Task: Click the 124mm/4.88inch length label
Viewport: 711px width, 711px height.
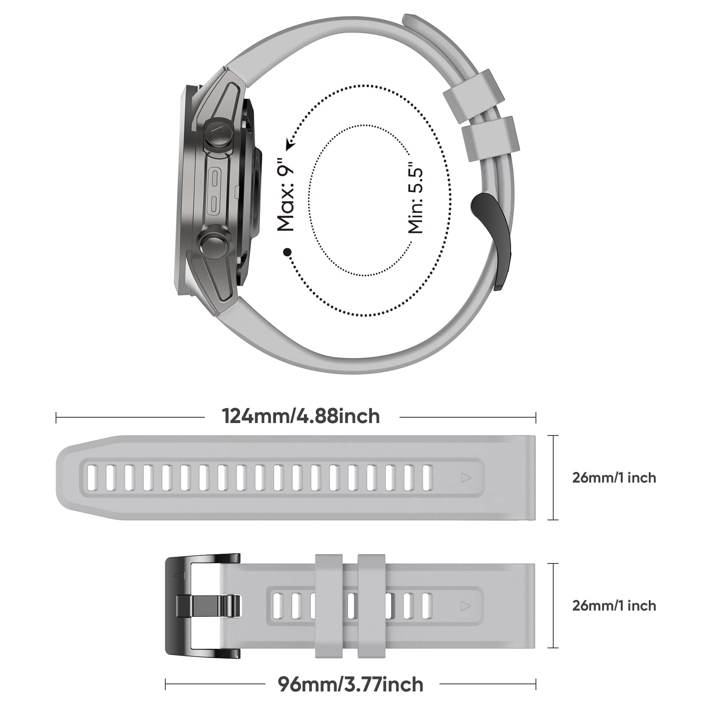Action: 301,417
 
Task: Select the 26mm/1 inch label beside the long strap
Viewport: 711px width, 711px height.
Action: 614,478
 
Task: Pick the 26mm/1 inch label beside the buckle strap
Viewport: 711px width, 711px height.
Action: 614,606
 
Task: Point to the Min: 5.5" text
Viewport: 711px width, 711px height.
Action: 416,200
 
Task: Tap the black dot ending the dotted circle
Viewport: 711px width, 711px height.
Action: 288,252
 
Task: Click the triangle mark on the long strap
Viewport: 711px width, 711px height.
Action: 466,478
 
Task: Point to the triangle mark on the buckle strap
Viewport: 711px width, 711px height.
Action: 466,606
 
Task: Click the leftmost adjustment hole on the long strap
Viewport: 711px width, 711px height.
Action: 92,478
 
